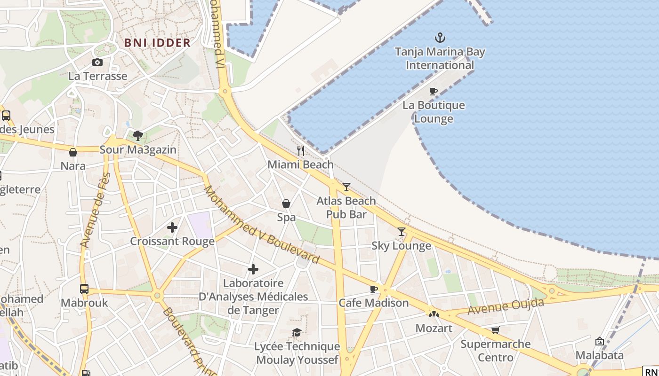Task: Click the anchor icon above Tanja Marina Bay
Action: click(440, 38)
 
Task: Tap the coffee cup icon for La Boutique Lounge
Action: click(434, 91)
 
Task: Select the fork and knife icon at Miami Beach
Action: click(301, 151)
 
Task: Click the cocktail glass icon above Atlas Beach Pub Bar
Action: click(346, 187)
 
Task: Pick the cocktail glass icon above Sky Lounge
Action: click(401, 231)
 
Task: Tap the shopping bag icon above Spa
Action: click(286, 204)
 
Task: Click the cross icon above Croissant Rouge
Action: click(172, 227)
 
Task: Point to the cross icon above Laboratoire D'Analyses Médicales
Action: click(253, 269)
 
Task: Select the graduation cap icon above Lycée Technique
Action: click(297, 333)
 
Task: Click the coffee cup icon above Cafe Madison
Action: click(374, 289)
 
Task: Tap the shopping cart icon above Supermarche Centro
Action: click(495, 330)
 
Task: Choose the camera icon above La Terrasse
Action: click(97, 62)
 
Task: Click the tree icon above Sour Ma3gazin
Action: click(138, 136)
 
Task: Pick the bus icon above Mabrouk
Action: click(84, 289)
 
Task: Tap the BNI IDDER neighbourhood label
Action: click(157, 43)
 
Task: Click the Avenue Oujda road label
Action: click(506, 306)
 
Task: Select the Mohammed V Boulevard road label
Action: click(261, 225)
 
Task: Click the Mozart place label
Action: click(434, 328)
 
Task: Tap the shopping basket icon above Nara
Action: click(73, 152)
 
